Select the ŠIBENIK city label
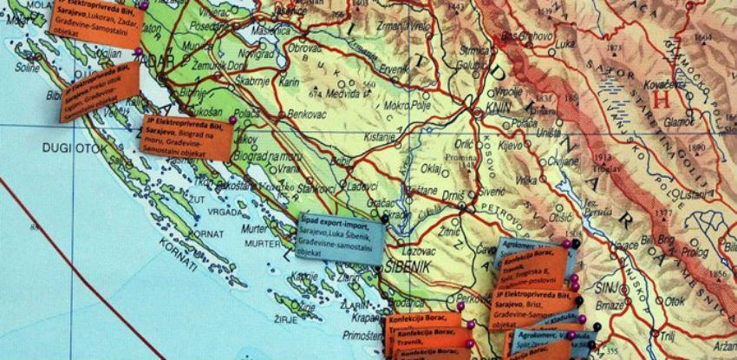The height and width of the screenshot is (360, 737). click(404, 266)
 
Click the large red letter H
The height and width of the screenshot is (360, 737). click(662, 98)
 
